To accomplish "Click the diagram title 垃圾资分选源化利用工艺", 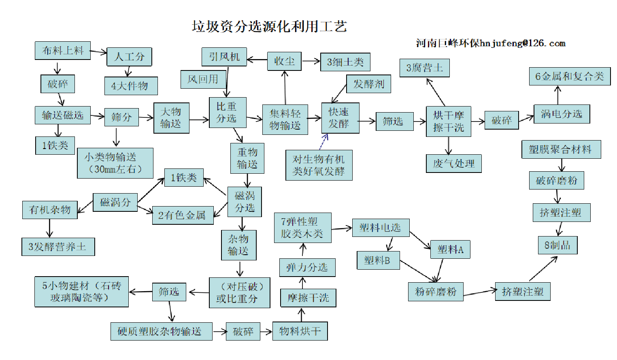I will (x=269, y=27).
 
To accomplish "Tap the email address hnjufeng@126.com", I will (x=523, y=43).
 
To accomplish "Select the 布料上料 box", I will (x=63, y=51).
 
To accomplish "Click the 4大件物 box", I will (x=131, y=86).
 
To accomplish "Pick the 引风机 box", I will (x=224, y=57).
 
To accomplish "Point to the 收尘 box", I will (x=284, y=61).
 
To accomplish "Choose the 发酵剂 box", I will (x=368, y=84).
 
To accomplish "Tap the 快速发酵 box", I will (x=340, y=118).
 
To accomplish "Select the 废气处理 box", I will (x=453, y=164).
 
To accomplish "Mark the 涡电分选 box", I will (x=562, y=114).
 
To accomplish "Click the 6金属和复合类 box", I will (x=570, y=77).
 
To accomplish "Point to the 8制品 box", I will (x=557, y=245).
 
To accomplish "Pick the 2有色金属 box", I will (x=183, y=215).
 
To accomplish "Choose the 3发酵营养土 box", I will (x=58, y=247).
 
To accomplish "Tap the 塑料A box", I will (x=450, y=249).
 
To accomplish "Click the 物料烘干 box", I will (x=300, y=331).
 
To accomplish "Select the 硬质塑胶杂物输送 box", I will (x=161, y=331).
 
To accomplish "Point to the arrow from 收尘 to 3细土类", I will (x=311, y=62).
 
